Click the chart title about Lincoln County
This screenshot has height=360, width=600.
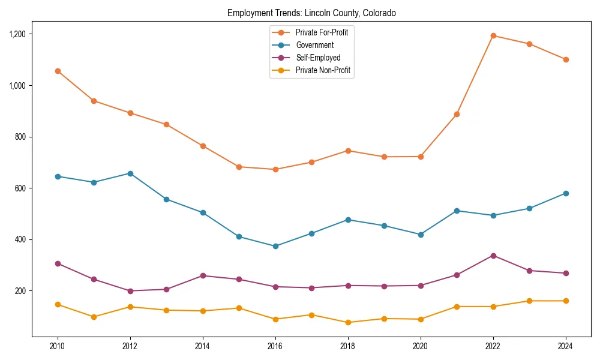tap(311, 13)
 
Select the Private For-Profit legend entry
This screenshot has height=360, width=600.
tap(322, 32)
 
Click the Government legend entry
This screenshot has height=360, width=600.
tap(314, 45)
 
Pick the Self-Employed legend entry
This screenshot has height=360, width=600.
tap(317, 58)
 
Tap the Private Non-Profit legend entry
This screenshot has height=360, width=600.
tap(323, 70)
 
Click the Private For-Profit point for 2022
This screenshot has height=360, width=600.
tap(493, 35)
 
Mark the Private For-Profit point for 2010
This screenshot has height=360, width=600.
tap(58, 71)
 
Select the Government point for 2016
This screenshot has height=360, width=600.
tap(275, 246)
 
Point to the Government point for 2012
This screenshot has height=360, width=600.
tap(130, 173)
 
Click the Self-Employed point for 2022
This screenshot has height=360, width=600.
tap(493, 256)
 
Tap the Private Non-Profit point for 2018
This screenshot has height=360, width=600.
tap(348, 322)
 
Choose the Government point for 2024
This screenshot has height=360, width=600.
tap(566, 193)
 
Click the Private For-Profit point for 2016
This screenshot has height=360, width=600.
tap(275, 169)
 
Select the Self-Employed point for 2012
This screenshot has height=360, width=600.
tap(130, 291)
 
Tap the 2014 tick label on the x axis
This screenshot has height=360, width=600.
tap(203, 346)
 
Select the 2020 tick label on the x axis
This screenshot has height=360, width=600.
tap(421, 346)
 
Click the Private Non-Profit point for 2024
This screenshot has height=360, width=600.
tap(566, 301)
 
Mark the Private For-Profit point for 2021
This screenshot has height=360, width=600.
tap(457, 114)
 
